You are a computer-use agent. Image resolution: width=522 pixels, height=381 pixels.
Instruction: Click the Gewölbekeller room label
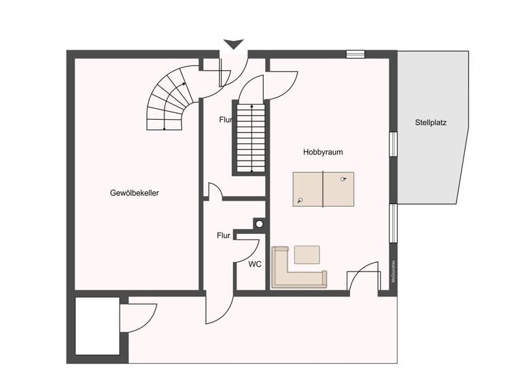[x=135, y=193]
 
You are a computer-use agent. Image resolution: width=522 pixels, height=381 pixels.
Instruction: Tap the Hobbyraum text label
[x=323, y=152]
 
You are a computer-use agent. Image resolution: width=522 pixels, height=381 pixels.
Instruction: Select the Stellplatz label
[x=432, y=123]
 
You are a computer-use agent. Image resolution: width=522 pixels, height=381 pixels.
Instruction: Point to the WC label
[x=255, y=264]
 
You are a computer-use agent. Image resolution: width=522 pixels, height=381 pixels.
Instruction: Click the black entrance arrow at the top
[x=233, y=44]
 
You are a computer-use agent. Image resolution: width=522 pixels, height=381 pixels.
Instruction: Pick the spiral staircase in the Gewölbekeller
[x=171, y=102]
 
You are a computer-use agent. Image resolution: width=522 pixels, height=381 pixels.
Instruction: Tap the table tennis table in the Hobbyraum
[x=324, y=189]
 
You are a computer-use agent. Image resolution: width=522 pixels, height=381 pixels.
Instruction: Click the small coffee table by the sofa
[x=307, y=254]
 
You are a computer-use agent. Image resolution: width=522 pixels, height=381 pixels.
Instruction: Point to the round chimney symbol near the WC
[x=259, y=222]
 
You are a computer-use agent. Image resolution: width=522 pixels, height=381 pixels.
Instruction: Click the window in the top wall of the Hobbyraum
[x=355, y=54]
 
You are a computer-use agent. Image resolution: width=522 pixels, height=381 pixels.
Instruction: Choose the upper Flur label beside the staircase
[x=226, y=120]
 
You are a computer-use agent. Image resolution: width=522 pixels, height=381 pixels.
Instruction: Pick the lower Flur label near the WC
[x=224, y=236]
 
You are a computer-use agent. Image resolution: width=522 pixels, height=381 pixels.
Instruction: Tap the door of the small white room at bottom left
[x=139, y=318]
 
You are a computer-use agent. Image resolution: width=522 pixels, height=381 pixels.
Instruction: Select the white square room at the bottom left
[x=97, y=326]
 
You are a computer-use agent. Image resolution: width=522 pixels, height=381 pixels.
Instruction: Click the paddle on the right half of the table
[x=344, y=179]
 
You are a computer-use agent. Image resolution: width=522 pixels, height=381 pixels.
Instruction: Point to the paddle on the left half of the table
[x=300, y=201]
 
